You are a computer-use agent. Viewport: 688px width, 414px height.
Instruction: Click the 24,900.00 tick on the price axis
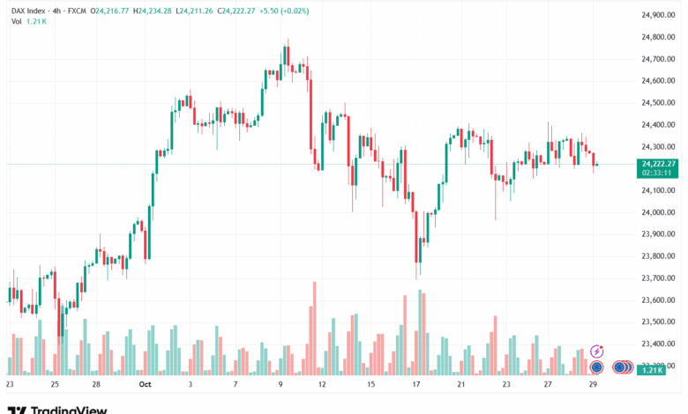pos(658,15)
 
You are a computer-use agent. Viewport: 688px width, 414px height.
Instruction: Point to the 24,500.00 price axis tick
pos(658,102)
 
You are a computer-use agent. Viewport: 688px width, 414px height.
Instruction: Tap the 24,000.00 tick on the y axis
pos(658,212)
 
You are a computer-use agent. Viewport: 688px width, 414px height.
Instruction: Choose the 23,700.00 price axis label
pos(658,278)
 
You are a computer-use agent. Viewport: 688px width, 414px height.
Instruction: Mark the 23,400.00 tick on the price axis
pos(658,344)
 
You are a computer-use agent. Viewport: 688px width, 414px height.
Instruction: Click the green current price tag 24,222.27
pos(658,164)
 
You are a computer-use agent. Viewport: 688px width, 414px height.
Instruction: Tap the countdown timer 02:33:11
pos(658,173)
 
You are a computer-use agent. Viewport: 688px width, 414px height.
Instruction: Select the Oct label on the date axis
pos(146,385)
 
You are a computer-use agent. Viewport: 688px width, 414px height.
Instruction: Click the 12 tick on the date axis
pos(322,385)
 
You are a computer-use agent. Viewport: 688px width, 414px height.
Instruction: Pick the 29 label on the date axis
pos(596,385)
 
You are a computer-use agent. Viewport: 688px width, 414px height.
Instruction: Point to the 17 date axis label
pos(415,385)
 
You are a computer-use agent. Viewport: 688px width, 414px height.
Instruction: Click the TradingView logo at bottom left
pos(57,409)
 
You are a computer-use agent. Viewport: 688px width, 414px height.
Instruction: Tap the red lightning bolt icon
pos(597,351)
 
